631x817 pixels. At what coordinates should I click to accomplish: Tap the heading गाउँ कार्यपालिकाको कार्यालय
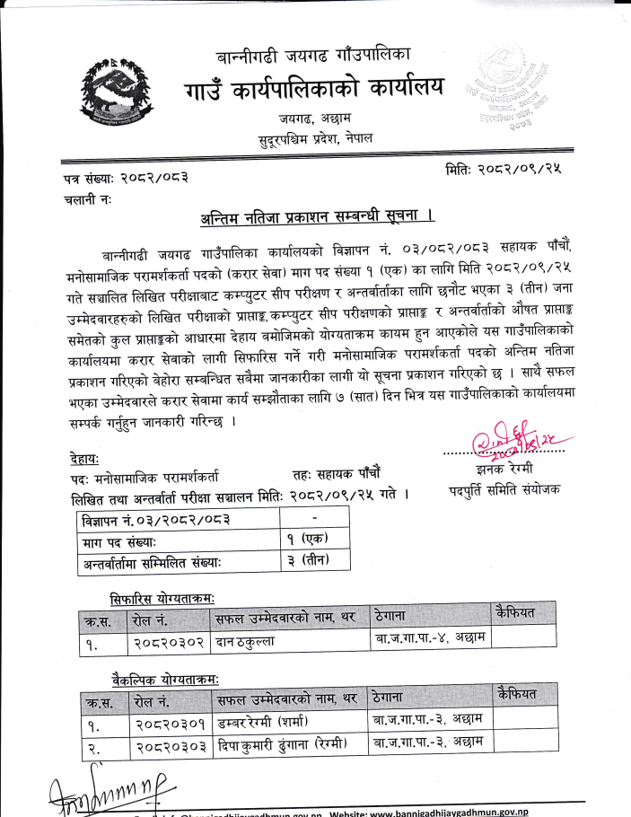click(x=314, y=88)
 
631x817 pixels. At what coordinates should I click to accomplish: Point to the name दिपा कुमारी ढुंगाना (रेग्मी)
click(x=281, y=745)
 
